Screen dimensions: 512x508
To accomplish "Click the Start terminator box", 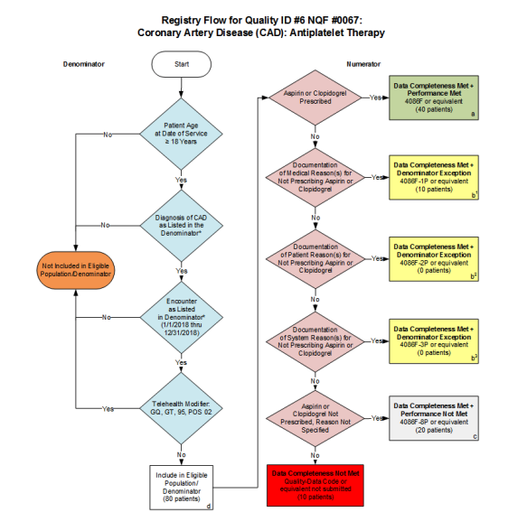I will (181, 65).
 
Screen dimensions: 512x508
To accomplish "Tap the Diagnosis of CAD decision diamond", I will (181, 224).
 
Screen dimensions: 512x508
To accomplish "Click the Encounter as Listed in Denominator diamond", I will (181, 317).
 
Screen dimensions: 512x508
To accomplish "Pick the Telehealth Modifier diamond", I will (181, 408).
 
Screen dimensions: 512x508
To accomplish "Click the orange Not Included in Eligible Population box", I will (74, 271).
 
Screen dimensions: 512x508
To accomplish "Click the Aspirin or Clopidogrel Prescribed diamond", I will (315, 98).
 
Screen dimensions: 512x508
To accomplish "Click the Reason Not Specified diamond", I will (315, 417).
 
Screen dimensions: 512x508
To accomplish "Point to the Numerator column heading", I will (365, 65).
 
